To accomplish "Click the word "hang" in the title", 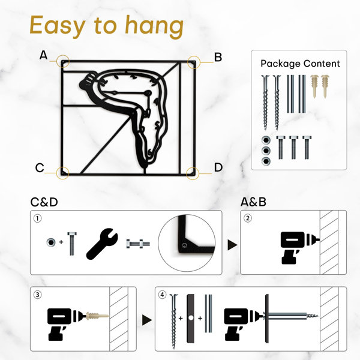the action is (154, 26).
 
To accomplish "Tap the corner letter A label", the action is (43, 55).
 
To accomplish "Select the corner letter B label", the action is (218, 57).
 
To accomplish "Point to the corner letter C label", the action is (40, 167).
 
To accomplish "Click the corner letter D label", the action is (218, 167).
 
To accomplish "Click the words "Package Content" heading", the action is (300, 64).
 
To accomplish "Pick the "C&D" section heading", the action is (44, 202).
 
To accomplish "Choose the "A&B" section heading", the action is (253, 202).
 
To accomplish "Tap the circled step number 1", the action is (38, 218).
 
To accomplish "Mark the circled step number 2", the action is (247, 218).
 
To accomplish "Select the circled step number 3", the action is (38, 295).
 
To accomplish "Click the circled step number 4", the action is (163, 295).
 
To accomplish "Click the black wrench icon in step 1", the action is (102, 244).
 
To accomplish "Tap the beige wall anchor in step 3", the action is (97, 316).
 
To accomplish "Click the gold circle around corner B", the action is (194, 62).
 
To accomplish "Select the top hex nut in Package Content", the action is (266, 140).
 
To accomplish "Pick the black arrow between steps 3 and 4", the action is (147, 320).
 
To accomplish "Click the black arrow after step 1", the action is (232, 245).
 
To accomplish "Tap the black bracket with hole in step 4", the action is (191, 319).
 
